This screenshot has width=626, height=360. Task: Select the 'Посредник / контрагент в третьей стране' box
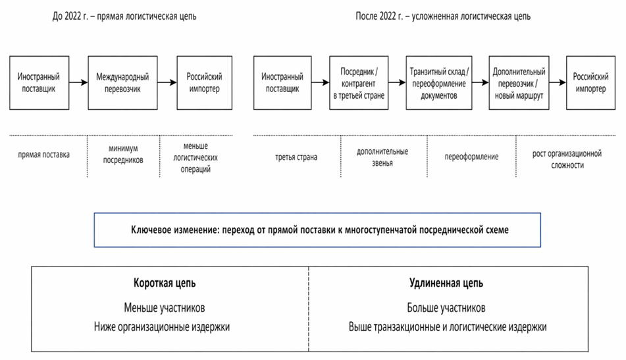point(357,83)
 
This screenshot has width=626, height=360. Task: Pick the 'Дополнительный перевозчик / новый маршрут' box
point(518,83)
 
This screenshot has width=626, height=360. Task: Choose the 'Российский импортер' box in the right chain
point(590,83)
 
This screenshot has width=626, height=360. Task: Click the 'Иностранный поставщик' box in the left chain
point(37,83)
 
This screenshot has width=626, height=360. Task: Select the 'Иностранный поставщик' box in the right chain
point(282,83)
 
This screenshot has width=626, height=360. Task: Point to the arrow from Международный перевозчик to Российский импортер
point(169,83)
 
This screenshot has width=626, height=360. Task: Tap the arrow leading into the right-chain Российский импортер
point(558,83)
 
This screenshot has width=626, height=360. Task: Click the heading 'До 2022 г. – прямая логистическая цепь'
point(124,16)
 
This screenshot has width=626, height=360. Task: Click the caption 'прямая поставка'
point(45,155)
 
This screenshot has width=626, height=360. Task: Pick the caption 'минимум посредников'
point(124,155)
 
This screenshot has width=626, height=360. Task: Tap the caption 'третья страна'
point(296,157)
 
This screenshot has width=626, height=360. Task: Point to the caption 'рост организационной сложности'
point(567,160)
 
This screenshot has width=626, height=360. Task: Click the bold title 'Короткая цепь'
point(165,284)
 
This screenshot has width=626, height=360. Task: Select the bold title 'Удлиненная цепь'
point(446,284)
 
